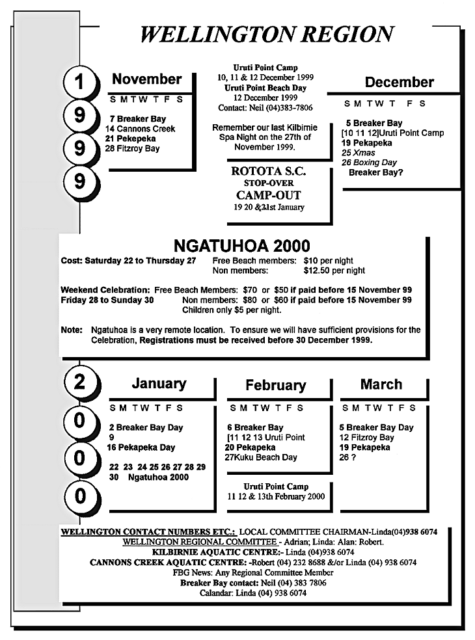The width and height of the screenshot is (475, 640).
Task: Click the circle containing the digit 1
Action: click(79, 83)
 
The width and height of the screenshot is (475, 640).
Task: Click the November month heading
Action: click(147, 79)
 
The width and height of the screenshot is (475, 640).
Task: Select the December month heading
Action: click(399, 83)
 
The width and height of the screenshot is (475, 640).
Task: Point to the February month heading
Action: click(275, 386)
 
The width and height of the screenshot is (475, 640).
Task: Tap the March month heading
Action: click(381, 384)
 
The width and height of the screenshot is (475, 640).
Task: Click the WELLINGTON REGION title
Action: click(266, 34)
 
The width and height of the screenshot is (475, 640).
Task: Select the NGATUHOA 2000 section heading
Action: click(242, 247)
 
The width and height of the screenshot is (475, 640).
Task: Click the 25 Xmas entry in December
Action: click(359, 153)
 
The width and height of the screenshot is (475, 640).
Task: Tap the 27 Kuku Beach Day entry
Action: click(260, 457)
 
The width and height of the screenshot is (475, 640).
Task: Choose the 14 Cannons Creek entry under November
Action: click(140, 129)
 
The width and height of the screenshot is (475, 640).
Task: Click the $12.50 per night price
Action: click(334, 271)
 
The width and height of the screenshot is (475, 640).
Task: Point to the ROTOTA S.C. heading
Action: click(268, 172)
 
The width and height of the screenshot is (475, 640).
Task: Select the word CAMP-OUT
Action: click(268, 195)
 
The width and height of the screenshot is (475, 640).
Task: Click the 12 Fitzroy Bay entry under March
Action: click(366, 438)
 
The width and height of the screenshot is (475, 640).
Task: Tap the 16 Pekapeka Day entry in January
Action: click(142, 447)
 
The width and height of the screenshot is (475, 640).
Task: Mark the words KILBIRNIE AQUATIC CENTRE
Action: click(223, 552)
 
